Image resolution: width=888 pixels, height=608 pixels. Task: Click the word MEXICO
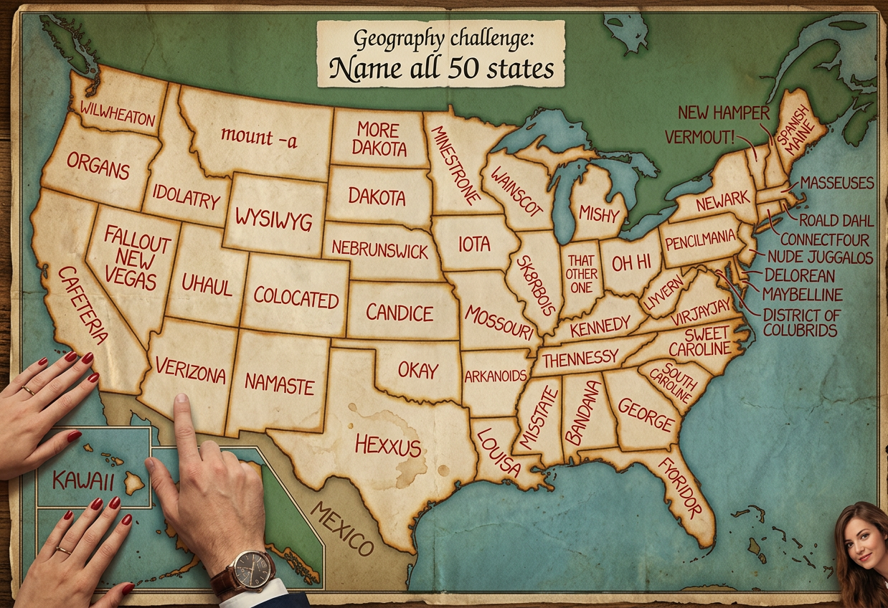[343, 528]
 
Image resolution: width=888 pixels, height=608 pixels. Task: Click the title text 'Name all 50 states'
[441, 69]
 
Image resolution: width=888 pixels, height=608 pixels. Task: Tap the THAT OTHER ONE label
[580, 272]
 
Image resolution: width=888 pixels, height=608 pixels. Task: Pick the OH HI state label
[631, 263]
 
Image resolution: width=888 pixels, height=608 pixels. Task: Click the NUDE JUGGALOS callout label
[819, 257]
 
